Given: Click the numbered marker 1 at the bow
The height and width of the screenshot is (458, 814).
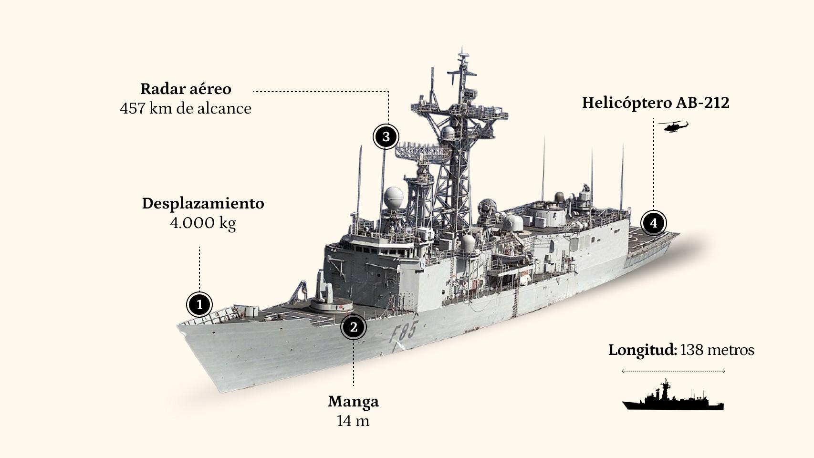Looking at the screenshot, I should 199,304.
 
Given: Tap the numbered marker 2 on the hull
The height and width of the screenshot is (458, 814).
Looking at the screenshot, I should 353,327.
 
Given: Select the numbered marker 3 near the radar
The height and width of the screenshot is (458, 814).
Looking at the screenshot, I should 386,137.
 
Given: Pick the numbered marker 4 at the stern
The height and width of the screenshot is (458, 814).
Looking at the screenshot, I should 653,223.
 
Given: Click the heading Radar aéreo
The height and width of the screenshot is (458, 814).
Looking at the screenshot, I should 186,89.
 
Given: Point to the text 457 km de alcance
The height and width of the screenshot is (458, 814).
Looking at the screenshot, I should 186,108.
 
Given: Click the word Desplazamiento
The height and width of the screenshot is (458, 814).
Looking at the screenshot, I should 203,203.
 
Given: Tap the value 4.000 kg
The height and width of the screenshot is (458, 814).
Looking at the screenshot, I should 203,222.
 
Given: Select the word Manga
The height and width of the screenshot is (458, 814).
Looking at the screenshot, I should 353,401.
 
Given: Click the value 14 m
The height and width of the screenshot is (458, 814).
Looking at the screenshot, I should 353,421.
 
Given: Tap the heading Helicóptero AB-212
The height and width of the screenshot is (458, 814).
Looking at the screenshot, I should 655,103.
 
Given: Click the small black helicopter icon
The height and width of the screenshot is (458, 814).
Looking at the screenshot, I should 673,127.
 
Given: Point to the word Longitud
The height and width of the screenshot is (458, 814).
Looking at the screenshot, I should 642,350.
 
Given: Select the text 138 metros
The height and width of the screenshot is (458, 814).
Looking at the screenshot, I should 717,350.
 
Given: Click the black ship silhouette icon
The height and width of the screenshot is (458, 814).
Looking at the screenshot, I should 673,397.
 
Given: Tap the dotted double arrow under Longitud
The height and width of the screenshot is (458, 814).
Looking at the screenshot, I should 673,371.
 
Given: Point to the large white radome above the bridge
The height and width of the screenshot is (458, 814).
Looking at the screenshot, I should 394,196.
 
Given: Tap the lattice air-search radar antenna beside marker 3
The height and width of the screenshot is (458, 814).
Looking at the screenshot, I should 423,151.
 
